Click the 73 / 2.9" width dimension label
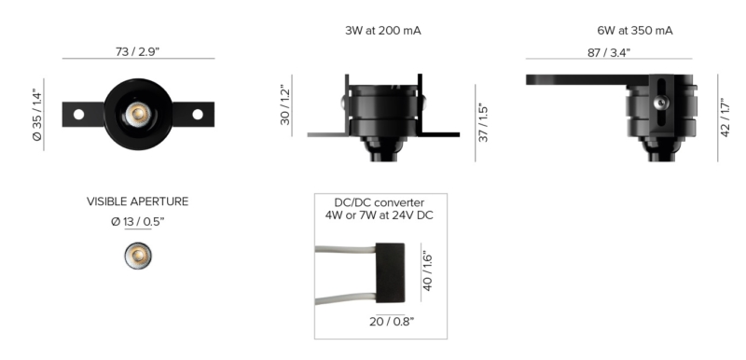(x=137, y=51)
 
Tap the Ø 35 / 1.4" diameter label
(x=37, y=115)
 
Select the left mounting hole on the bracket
(x=79, y=114)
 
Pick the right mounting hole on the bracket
(x=198, y=114)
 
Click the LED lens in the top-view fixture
(x=138, y=114)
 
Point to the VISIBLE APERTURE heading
(x=137, y=201)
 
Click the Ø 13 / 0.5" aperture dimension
(x=137, y=222)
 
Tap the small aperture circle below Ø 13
(x=138, y=256)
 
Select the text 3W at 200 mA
(x=383, y=31)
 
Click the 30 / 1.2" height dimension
(x=285, y=105)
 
